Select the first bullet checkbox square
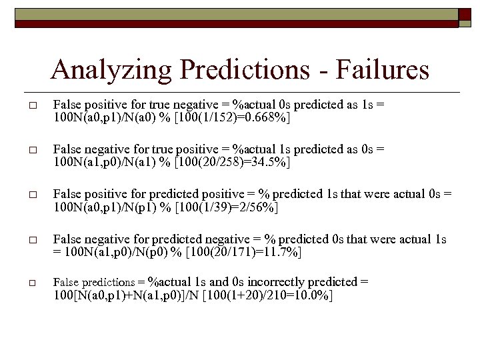point(32,105)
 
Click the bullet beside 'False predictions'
point(32,283)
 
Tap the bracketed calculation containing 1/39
point(223,207)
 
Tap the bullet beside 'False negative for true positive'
point(32,150)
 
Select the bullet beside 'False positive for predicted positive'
point(32,195)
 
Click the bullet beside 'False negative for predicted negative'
point(32,239)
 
